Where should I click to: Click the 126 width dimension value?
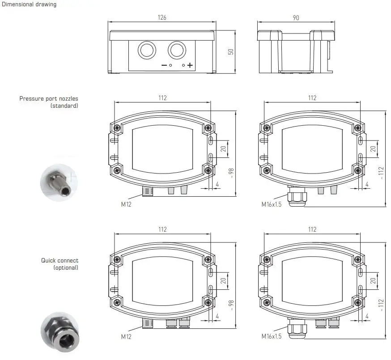(162, 17)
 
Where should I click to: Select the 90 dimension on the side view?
(296, 17)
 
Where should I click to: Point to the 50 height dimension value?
(231, 51)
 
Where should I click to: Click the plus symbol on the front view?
(190, 65)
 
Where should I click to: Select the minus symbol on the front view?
(164, 65)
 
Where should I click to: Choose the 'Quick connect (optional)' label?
(59, 264)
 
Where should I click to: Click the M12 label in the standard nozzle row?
(127, 204)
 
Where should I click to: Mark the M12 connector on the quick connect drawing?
(147, 324)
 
